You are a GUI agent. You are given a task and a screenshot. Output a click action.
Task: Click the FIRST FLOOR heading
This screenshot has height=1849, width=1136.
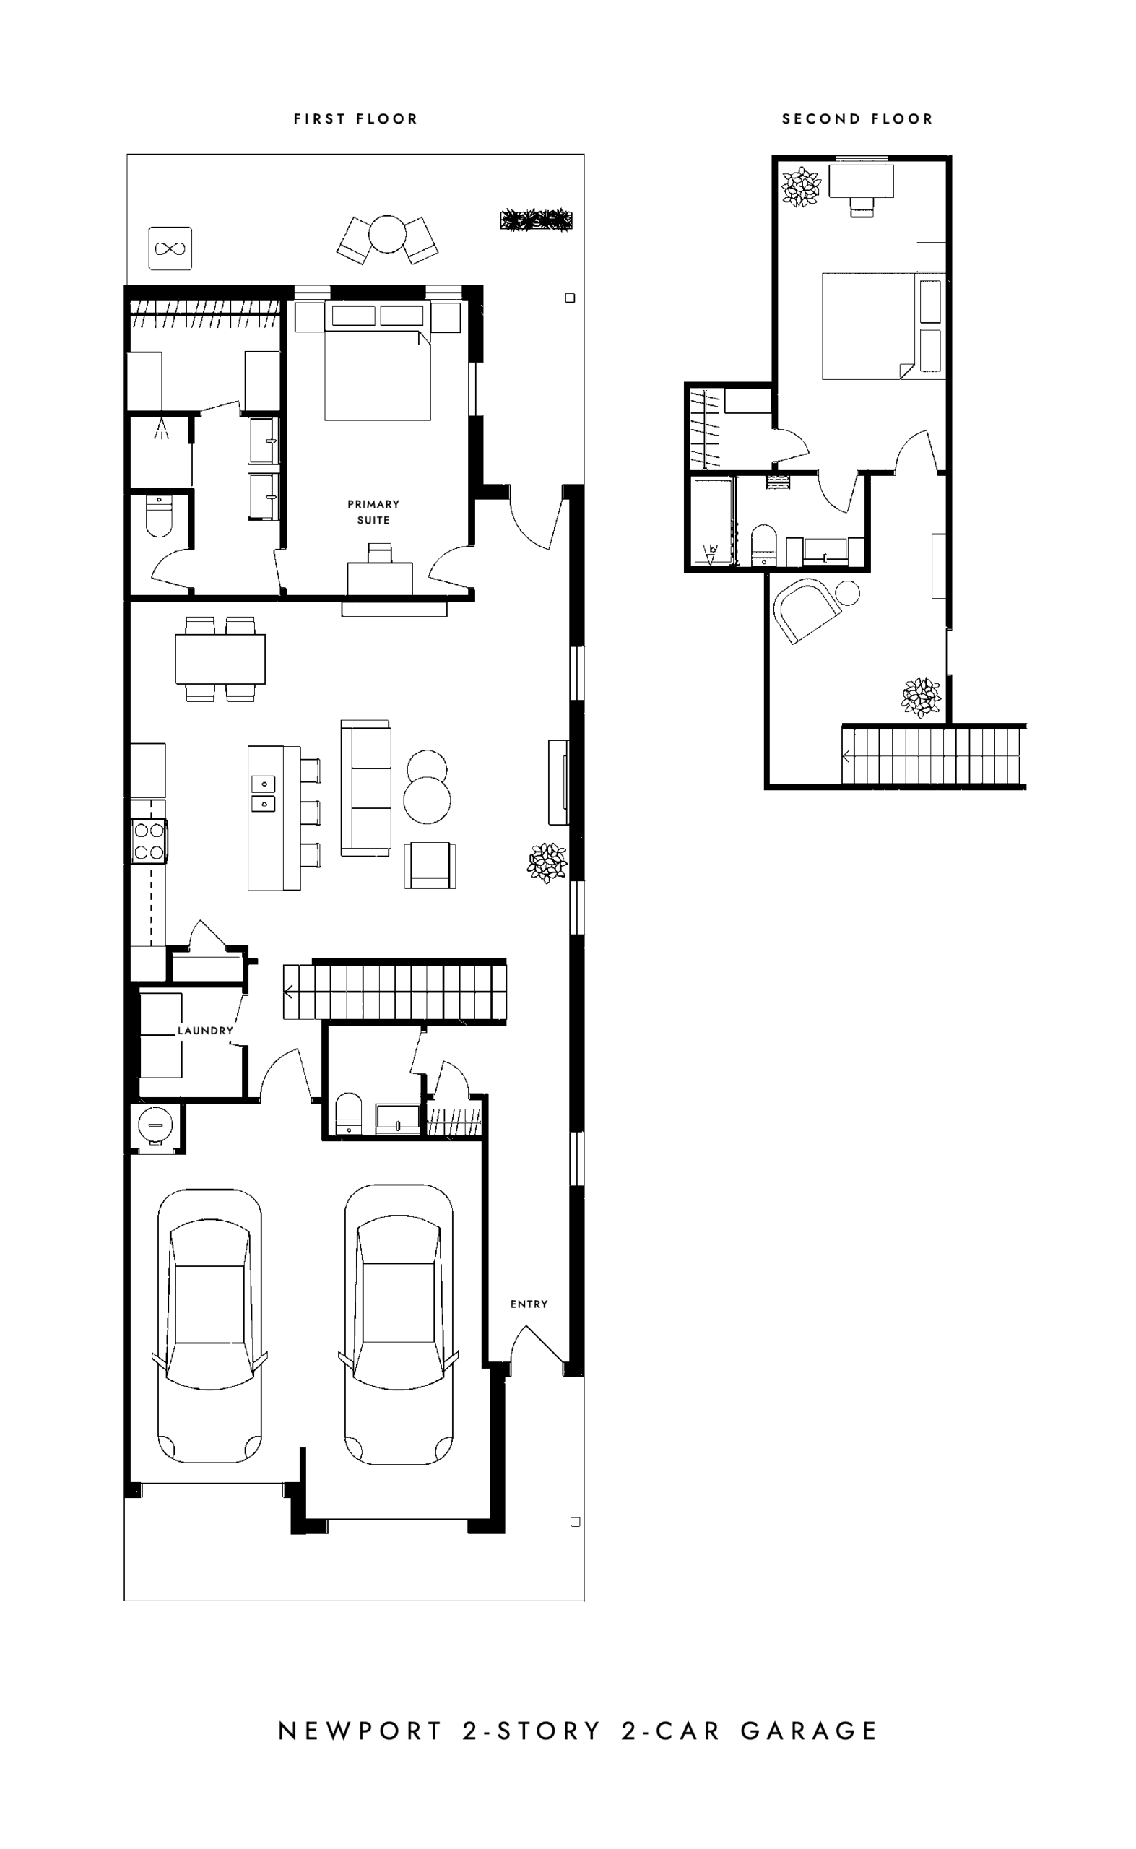355,118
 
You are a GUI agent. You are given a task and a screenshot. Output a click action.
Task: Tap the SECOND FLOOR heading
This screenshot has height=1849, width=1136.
857,118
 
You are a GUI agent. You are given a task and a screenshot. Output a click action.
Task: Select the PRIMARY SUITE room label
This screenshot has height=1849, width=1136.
373,511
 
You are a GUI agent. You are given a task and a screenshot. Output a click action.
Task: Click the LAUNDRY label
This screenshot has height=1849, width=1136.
205,1030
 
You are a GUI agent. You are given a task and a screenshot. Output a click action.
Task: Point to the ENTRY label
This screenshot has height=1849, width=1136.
529,1304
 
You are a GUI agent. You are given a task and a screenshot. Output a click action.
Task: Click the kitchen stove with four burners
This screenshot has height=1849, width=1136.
149,841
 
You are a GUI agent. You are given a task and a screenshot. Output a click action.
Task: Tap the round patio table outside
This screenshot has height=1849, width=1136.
387,235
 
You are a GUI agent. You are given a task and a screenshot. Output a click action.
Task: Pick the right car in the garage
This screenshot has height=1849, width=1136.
398,1325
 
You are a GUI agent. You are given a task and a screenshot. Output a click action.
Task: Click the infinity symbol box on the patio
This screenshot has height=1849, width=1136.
170,248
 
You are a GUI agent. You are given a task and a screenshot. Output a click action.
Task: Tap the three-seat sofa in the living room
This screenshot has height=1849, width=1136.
366,787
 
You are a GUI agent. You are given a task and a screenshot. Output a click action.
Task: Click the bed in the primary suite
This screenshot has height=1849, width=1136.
378,360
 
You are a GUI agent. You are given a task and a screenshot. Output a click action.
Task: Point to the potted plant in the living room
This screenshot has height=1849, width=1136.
547,862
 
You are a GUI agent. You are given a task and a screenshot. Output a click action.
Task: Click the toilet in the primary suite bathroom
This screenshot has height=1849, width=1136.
159,516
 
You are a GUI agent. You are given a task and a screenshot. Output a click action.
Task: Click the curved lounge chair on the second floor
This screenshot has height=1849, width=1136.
807,610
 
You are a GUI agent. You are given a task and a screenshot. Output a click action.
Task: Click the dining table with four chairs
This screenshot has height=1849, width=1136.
220,659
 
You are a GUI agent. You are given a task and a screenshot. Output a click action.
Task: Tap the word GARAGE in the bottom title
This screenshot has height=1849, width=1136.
809,1731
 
